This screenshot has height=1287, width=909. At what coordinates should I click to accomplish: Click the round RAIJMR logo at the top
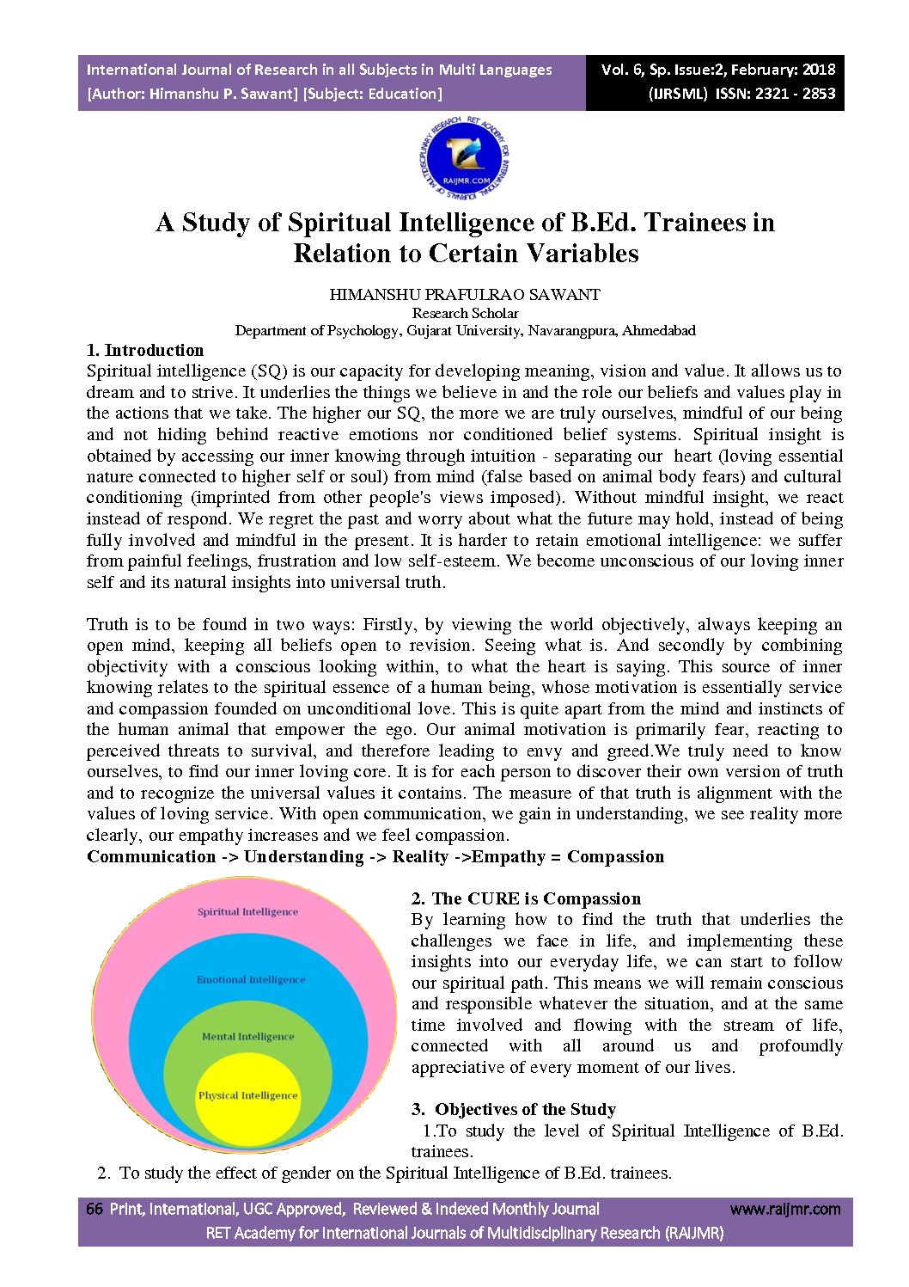tap(465, 159)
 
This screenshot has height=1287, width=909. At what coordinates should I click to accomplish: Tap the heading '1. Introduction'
tap(145, 350)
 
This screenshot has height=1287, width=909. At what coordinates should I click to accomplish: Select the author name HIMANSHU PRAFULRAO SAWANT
tap(465, 294)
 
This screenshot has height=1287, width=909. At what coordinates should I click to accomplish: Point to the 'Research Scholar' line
tap(465, 313)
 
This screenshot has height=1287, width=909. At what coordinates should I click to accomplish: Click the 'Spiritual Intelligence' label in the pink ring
tap(247, 911)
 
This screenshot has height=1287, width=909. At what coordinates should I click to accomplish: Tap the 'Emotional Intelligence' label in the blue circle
tap(251, 979)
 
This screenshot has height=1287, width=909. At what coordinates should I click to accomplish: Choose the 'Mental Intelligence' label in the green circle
tap(247, 1036)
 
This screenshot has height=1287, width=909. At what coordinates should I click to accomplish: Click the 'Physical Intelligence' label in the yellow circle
tap(247, 1095)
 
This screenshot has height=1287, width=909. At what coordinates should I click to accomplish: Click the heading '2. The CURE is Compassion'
tap(526, 898)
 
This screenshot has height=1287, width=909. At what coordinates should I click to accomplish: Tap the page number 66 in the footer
tap(95, 1209)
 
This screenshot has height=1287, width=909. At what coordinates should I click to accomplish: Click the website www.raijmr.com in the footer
tap(785, 1209)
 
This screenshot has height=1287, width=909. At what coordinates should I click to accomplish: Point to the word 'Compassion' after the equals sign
tap(615, 856)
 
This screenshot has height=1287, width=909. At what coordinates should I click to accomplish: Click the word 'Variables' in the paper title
tap(583, 254)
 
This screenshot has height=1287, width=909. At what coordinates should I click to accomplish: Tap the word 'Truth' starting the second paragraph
tap(107, 624)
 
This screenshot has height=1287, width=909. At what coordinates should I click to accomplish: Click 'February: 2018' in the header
tap(784, 70)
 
